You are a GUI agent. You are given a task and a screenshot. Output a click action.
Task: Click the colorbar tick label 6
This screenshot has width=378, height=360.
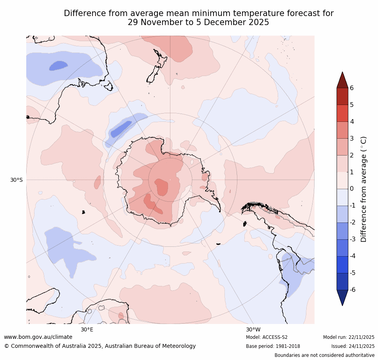coord(352,88)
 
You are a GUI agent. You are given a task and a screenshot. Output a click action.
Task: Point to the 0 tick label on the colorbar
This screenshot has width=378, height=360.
coord(352,189)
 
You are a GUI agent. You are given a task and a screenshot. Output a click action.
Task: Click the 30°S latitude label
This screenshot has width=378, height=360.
coord(16,180)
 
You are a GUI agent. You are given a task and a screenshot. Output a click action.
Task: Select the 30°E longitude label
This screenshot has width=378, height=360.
coord(87,329)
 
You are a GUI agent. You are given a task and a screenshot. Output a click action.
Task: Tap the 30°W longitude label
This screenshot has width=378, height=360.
coord(253,329)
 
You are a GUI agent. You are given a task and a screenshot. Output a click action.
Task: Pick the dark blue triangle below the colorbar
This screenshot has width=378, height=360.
coord(342,297)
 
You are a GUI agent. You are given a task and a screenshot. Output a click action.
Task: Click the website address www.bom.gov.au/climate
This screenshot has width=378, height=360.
coord(38,337)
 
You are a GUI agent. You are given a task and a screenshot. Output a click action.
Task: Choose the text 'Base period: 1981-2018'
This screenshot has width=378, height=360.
coord(273,346)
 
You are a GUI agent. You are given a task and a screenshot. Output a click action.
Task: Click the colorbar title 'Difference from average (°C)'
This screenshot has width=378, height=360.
coord(364,189)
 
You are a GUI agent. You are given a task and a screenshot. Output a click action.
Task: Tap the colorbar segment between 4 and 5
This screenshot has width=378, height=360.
coord(342,113)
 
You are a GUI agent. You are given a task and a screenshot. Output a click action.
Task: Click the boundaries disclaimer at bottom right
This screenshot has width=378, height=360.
coord(324,355)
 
